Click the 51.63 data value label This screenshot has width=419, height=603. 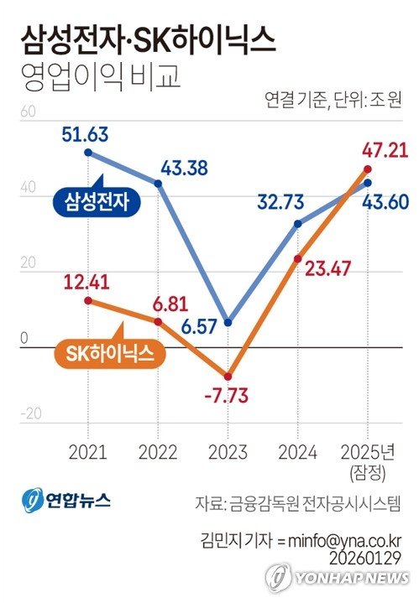[x=86, y=134]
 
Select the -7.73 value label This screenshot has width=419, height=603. [x=225, y=396]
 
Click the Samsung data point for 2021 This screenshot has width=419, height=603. [x=89, y=153]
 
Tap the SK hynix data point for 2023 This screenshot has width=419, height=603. [x=227, y=377]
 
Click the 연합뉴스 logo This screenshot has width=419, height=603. [x=66, y=502]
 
